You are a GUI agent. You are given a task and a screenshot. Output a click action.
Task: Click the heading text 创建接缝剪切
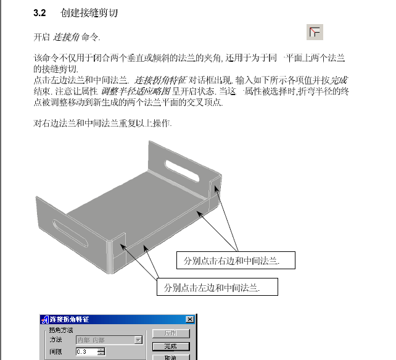pyautogui.click(x=86, y=12)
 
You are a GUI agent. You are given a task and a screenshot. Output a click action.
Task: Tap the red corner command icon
pyautogui.click(x=315, y=32)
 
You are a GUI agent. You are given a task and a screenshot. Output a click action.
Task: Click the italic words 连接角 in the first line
pyautogui.click(x=65, y=38)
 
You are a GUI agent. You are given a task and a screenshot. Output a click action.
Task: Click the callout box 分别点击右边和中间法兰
pyautogui.click(x=236, y=261)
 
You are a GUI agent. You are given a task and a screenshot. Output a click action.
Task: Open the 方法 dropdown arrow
pyautogui.click(x=138, y=340)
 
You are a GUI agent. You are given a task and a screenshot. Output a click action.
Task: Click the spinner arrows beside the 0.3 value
pyautogui.click(x=101, y=351)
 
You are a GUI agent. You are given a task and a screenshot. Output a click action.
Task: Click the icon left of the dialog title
pyautogui.click(x=44, y=319)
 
